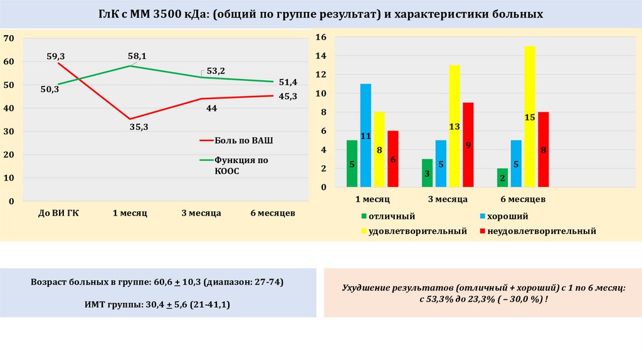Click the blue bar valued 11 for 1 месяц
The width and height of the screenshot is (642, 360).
tap(366, 135)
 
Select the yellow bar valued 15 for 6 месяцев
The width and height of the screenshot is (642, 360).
tap(530, 117)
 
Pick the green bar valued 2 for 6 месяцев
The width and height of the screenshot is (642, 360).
tap(502, 177)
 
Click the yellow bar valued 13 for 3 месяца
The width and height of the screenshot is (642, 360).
tap(455, 126)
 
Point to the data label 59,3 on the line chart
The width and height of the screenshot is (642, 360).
tap(56, 56)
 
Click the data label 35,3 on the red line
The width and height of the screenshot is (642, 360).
tap(139, 127)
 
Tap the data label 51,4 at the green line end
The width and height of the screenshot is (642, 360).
tap(288, 82)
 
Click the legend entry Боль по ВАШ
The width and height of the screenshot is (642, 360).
tap(243, 140)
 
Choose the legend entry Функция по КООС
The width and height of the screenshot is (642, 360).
tap(241, 165)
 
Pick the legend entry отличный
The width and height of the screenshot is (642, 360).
tap(392, 216)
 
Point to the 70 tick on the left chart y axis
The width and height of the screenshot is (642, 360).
tap(9, 38)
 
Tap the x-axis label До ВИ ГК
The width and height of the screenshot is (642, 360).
tap(58, 213)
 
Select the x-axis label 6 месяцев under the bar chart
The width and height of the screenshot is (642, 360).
tap(523, 199)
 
